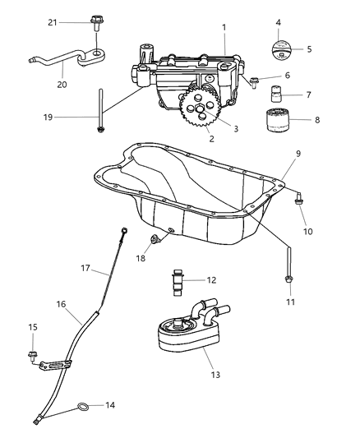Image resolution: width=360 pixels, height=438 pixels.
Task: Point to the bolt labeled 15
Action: coord(35,356)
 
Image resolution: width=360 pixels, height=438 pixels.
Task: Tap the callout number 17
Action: coord(85,267)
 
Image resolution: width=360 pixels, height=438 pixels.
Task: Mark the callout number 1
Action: coord(224,28)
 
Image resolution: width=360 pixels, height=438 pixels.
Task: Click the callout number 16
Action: coord(61,303)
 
